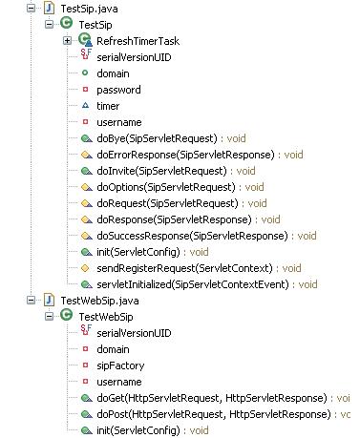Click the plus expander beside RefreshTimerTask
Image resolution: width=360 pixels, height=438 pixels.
[x=67, y=41]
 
